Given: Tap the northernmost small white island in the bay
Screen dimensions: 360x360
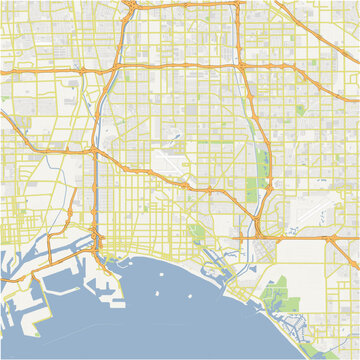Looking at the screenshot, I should click(x=159, y=266).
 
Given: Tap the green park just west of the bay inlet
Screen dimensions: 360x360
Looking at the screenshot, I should click(x=196, y=237).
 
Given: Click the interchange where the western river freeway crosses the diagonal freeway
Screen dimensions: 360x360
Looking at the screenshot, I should click(x=95, y=150).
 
